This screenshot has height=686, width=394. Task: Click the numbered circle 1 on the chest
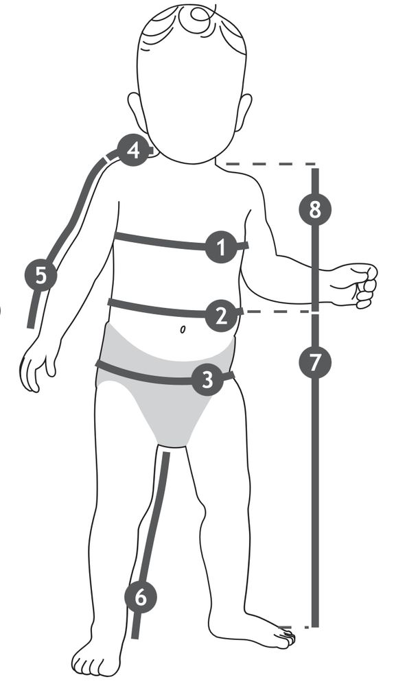tap(221, 247)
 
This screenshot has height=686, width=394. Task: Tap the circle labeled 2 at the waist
tap(221, 316)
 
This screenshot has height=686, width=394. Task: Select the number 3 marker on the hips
tap(207, 380)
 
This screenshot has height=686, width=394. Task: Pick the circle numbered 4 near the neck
tap(134, 150)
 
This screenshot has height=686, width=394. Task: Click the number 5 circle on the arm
tap(40, 275)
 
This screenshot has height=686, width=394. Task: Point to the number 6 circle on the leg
tap(141, 597)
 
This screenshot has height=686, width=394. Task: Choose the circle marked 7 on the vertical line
tap(315, 362)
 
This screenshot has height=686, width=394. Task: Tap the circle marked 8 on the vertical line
tap(315, 209)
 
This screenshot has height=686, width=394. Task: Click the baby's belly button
tap(182, 329)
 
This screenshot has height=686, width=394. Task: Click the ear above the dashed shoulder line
tap(244, 112)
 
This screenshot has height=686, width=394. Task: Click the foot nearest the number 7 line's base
tap(254, 629)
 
